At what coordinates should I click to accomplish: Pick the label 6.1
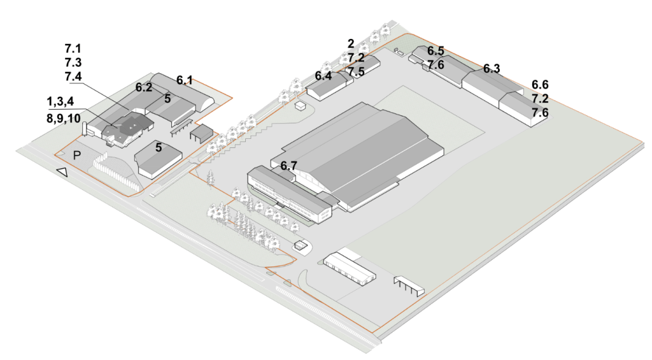pyautogui.click(x=185, y=80)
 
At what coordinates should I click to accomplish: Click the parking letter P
pyautogui.click(x=77, y=155)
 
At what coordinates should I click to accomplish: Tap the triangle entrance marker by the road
pyautogui.click(x=62, y=171)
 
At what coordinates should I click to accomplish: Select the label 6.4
pyautogui.click(x=323, y=76)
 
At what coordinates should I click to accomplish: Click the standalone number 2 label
pyautogui.click(x=351, y=44)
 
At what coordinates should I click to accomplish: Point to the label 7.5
pyautogui.click(x=357, y=71)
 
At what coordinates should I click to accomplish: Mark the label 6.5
pyautogui.click(x=436, y=51)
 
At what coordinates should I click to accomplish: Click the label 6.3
pyautogui.click(x=491, y=69)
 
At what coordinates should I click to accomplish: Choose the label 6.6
pyautogui.click(x=540, y=85)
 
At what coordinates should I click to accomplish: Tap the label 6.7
pyautogui.click(x=288, y=166)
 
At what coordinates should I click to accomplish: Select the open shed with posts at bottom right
pyautogui.click(x=409, y=285)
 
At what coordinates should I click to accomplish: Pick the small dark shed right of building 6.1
pyautogui.click(x=202, y=133)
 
